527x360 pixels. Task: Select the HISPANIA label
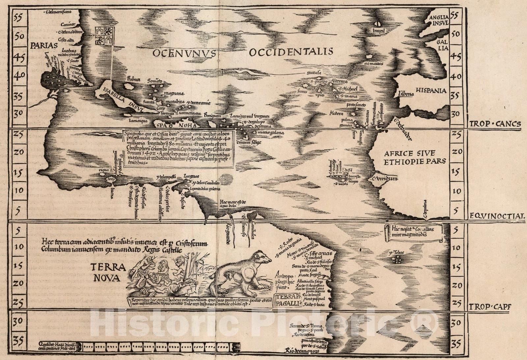[430, 90]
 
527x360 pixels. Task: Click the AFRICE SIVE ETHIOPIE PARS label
[415, 157]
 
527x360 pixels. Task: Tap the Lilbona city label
[405, 94]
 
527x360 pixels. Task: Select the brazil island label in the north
[378, 30]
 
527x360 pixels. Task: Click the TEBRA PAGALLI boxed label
[288, 300]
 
